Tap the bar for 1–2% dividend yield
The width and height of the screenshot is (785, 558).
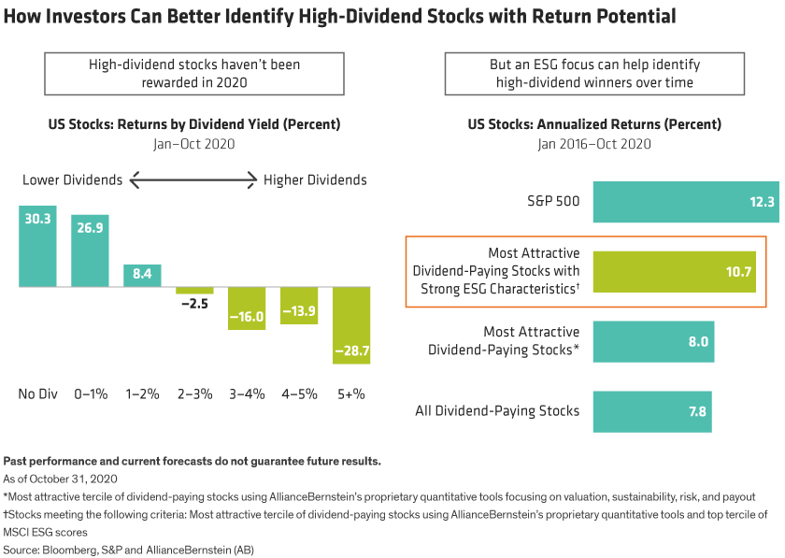pyautogui.click(x=142, y=275)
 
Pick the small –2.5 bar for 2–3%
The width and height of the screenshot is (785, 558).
pyautogui.click(x=194, y=291)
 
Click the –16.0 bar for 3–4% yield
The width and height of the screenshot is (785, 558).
pyautogui.click(x=247, y=308)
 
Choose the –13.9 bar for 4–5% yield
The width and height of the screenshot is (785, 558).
pyautogui.click(x=299, y=306)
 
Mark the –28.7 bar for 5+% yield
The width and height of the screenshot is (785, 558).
pyautogui.click(x=351, y=324)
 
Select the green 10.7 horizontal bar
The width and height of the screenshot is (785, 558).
pyautogui.click(x=673, y=271)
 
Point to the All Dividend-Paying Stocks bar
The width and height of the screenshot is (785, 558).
pyautogui.click(x=651, y=409)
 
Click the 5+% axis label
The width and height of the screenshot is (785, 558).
pyautogui.click(x=351, y=394)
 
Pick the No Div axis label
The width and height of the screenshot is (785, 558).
pyautogui.click(x=37, y=394)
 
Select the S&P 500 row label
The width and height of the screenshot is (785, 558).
pyautogui.click(x=552, y=202)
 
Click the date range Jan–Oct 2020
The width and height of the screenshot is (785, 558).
pyautogui.click(x=194, y=144)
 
